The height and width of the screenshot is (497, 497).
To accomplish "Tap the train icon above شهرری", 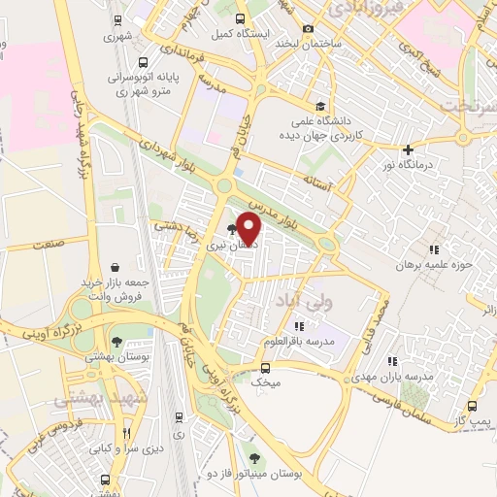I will (116, 19).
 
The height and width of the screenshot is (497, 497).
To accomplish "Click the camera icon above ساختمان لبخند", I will (309, 29).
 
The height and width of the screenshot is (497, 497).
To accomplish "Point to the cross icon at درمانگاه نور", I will (409, 149).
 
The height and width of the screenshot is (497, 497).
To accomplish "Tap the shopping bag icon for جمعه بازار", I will (116, 267).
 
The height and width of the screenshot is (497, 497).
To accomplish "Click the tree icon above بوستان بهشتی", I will (116, 342).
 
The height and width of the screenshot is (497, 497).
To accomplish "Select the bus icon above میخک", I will (265, 367).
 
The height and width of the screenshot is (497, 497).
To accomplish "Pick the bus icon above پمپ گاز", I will (472, 407).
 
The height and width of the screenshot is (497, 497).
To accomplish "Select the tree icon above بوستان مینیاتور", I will (255, 458).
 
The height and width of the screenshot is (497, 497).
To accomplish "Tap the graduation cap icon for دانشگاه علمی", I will (320, 107).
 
